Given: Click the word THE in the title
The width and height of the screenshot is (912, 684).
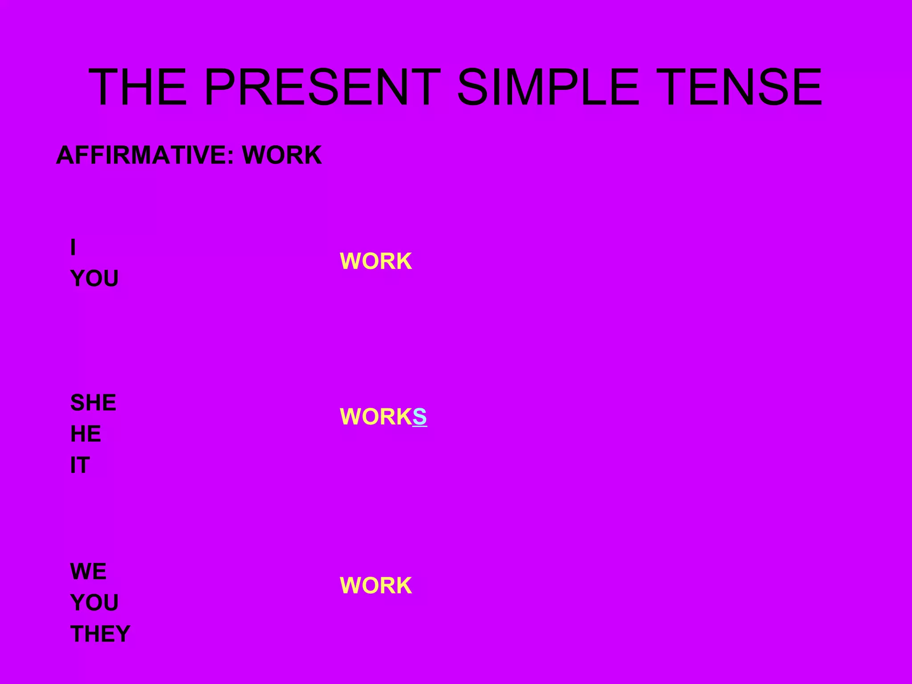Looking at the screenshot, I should [x=138, y=87].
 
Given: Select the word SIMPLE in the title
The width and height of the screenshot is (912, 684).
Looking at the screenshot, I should [x=548, y=87].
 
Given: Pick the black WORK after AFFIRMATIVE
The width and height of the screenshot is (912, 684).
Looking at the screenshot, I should [x=281, y=155].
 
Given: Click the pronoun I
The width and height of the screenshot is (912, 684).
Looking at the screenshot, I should [x=73, y=247].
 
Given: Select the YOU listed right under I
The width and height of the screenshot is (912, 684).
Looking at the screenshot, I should [x=94, y=279].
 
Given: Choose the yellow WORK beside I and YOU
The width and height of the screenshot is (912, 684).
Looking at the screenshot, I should [x=376, y=261].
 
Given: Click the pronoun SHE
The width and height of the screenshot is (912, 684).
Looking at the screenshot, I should [x=93, y=403].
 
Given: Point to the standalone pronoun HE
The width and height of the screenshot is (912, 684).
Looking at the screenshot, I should [x=85, y=434].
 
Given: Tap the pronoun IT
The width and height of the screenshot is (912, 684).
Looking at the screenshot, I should [x=80, y=465].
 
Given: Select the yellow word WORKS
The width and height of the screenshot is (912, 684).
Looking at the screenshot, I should [x=383, y=417].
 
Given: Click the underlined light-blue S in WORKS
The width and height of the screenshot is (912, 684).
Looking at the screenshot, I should [x=419, y=417].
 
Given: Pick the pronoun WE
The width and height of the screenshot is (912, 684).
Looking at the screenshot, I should [x=88, y=571].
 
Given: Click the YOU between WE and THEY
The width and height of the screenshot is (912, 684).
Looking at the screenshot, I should [x=94, y=603].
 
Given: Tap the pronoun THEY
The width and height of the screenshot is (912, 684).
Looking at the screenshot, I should [x=100, y=634].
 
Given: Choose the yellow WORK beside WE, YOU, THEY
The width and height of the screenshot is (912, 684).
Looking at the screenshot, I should [x=376, y=586].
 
